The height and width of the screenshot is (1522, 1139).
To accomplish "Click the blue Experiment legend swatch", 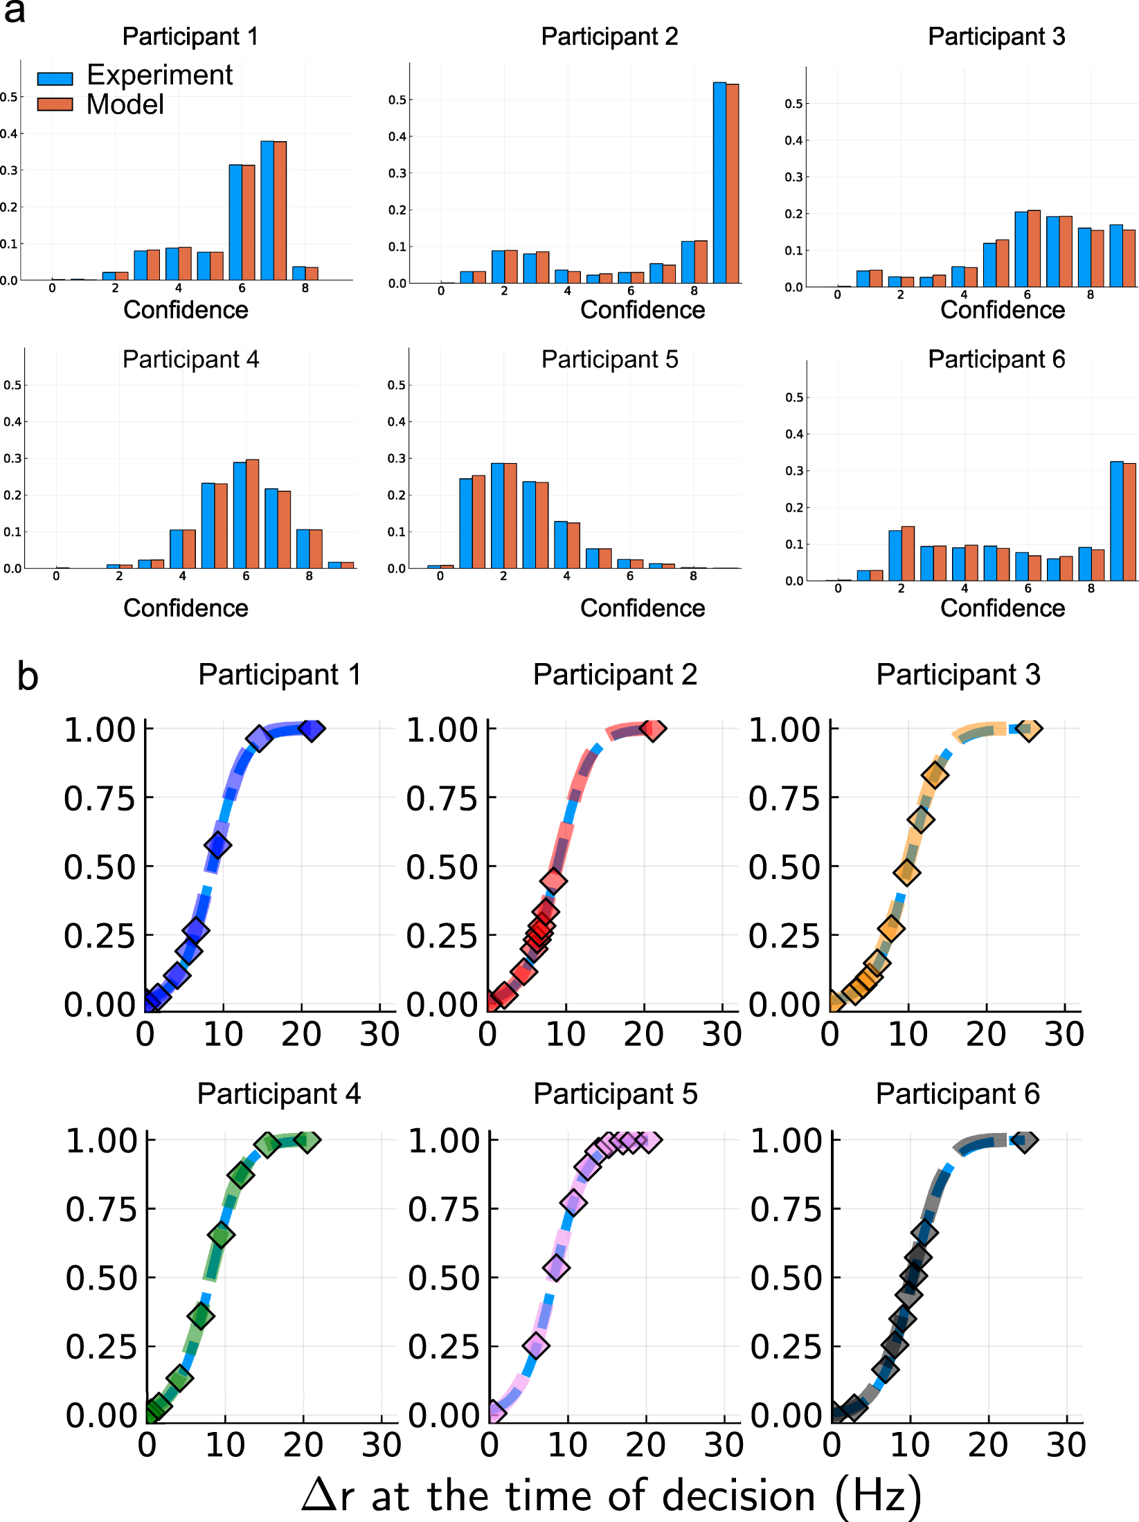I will pyautogui.click(x=55, y=78).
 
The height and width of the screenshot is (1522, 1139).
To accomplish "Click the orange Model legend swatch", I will pyautogui.click(x=55, y=105).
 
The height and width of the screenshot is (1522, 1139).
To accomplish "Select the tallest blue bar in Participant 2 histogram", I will pyautogui.click(x=719, y=183).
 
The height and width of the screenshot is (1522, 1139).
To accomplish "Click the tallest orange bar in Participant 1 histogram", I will pyautogui.click(x=280, y=210).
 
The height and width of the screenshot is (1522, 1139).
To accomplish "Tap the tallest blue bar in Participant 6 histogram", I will pyautogui.click(x=1116, y=520).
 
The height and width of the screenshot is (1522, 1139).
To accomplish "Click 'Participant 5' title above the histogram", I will pyautogui.click(x=609, y=359).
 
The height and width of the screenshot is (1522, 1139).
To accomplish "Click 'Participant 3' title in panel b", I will pyautogui.click(x=958, y=674).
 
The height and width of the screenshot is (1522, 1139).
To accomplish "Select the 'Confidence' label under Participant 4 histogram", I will pyautogui.click(x=186, y=608).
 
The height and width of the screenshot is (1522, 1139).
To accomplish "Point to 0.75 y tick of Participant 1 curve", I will pyautogui.click(x=100, y=798).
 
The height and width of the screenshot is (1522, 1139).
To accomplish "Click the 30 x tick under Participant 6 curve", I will pyautogui.click(x=1066, y=1444).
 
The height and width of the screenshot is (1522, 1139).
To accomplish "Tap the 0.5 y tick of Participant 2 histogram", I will pyautogui.click(x=397, y=100).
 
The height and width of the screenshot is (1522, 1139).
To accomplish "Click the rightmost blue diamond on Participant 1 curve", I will pyautogui.click(x=312, y=728).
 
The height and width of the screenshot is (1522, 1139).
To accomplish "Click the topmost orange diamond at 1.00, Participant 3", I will pyautogui.click(x=1030, y=728).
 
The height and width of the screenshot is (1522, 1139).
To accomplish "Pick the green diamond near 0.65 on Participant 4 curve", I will pyautogui.click(x=221, y=1235).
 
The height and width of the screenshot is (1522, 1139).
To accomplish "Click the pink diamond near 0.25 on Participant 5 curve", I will pyautogui.click(x=536, y=1346).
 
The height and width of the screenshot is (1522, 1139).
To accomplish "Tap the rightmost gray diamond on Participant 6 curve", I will pyautogui.click(x=1025, y=1140).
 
